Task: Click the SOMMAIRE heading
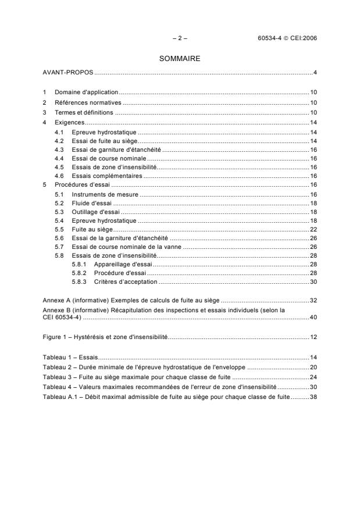[x=180, y=59]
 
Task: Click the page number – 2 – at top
[x=180, y=38]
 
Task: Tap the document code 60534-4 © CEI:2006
[x=287, y=38]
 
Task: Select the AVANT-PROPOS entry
[x=69, y=72]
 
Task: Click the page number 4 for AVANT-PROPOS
[x=314, y=72]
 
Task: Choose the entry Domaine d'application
[x=86, y=92]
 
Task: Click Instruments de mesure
[x=105, y=194]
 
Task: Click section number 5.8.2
[x=79, y=273]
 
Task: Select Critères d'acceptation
[x=126, y=281]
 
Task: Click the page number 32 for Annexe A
[x=312, y=301]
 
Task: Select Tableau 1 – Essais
[x=70, y=358]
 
